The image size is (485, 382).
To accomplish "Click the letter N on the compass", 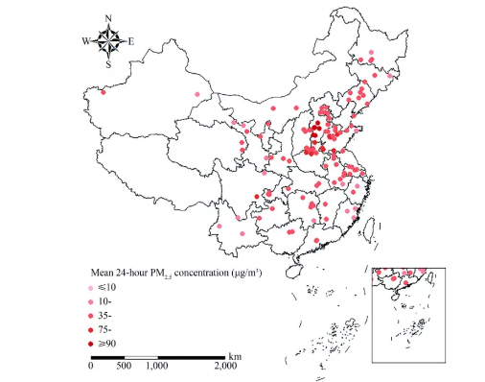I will (x=108, y=18).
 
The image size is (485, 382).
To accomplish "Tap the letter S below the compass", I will (x=108, y=65).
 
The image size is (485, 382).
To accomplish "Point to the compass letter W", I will (x=85, y=41).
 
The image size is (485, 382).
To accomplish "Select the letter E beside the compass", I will (x=131, y=41).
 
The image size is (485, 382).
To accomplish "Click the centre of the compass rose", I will (x=108, y=41).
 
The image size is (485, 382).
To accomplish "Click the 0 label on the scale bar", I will (x=91, y=366).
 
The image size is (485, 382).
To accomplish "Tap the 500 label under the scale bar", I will (x=124, y=366).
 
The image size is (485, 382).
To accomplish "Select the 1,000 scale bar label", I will (x=156, y=366).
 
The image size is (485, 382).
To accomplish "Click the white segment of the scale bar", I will (x=140, y=357).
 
